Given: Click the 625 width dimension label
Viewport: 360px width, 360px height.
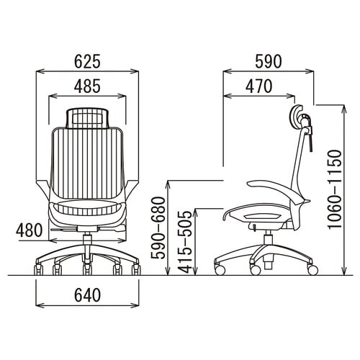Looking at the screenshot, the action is point(87,61).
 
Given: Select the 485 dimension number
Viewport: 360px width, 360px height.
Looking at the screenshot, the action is point(87,86).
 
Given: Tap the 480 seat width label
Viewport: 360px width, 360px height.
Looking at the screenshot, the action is point(29,230).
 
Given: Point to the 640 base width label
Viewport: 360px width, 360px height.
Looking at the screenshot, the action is point(87,295).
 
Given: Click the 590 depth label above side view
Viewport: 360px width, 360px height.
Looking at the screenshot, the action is point(268,61).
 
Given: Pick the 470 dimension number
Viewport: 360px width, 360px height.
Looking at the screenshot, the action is point(259,86).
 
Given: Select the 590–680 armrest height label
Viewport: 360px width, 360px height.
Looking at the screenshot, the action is point(158,228).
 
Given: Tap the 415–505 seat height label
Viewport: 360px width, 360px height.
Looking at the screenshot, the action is point(186,242).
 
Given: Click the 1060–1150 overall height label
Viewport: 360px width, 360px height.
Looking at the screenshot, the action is point(335,189).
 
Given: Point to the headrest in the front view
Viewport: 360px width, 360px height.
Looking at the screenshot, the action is point(88,118).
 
